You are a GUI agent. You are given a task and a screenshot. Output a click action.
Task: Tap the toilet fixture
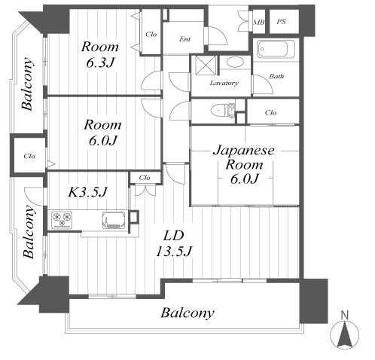tap(223, 110)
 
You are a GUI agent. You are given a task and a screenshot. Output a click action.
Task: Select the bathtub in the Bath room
tap(276, 49)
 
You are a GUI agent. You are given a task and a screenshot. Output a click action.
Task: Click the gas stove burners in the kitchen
tap(62, 220)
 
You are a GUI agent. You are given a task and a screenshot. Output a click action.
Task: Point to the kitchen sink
tap(114, 220)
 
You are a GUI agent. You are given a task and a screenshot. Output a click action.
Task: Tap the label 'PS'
tap(282, 22)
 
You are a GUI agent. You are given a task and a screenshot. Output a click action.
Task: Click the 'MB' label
tap(259, 22)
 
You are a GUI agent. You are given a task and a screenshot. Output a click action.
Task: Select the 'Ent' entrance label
tap(184, 39)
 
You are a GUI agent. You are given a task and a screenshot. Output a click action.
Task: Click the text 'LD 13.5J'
tap(174, 243)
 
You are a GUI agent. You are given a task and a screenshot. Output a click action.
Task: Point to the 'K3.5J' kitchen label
tap(88, 192)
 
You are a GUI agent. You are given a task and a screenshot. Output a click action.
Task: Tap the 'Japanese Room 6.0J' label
tap(244, 164)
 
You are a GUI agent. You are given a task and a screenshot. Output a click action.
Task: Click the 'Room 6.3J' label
tap(99, 55)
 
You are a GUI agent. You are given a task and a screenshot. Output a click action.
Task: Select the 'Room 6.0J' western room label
tap(102, 133)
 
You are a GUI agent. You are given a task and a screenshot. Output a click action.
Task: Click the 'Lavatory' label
tap(224, 83)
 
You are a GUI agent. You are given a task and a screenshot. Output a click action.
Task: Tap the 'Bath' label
tap(276, 76)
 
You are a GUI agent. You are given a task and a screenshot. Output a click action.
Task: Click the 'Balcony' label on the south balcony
tap(187, 313)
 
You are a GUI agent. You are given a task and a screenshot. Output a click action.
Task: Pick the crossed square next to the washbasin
tap(206, 66)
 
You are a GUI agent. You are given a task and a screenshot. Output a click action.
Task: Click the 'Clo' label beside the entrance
tap(151, 34)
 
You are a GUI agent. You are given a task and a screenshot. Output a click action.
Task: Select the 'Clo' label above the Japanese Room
tap(270, 112)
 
